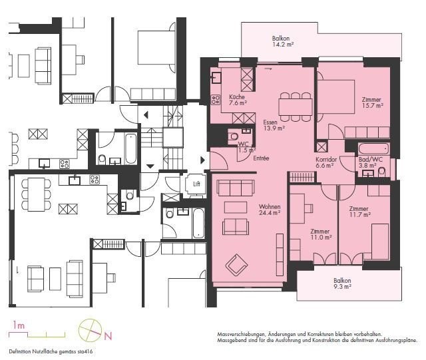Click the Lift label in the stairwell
(x=197, y=184)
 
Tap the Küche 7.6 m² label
(x=238, y=100)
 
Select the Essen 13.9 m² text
(x=274, y=125)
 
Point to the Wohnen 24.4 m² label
(x=270, y=210)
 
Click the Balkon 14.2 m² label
(x=283, y=41)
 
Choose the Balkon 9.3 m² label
(x=342, y=283)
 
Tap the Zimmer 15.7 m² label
(x=372, y=102)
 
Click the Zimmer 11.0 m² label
(x=321, y=234)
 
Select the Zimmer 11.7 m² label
(x=359, y=212)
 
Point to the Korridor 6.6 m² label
(x=326, y=162)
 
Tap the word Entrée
(x=261, y=158)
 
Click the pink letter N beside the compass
(x=108, y=336)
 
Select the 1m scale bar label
(x=19, y=325)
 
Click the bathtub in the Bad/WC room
(x=373, y=149)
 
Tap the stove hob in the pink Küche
(x=216, y=99)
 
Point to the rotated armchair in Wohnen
(x=236, y=264)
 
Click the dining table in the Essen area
(x=296, y=106)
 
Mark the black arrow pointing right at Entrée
(x=202, y=160)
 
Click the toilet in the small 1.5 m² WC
(x=234, y=136)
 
